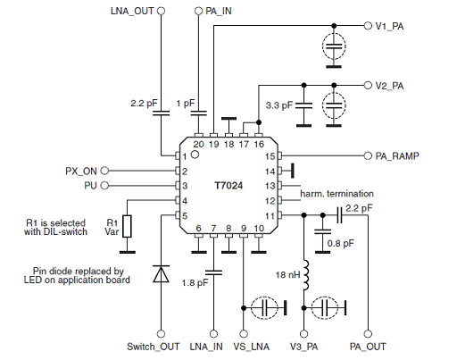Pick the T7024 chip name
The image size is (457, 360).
coord(230,186)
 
